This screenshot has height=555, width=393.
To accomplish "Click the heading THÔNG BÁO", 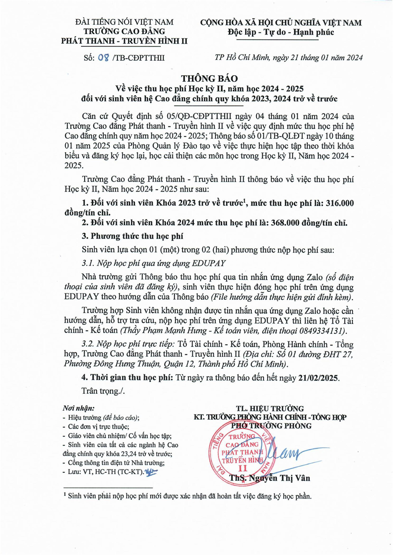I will pyautogui.click(x=210, y=79).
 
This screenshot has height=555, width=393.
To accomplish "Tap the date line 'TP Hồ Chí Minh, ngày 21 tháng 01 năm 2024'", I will pyautogui.click(x=289, y=58).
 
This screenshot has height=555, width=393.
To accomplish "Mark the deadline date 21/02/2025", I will pyautogui.click(x=319, y=378).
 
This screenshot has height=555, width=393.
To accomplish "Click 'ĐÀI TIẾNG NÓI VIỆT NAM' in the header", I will pyautogui.click(x=124, y=22).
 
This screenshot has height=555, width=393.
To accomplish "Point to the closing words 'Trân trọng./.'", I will pyautogui.click(x=103, y=391).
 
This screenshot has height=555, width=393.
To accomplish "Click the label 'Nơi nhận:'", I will pyautogui.click(x=78, y=408).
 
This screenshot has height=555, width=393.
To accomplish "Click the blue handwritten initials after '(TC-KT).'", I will pyautogui.click(x=151, y=471).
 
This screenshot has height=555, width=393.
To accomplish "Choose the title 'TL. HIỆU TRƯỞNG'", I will pyautogui.click(x=270, y=408).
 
